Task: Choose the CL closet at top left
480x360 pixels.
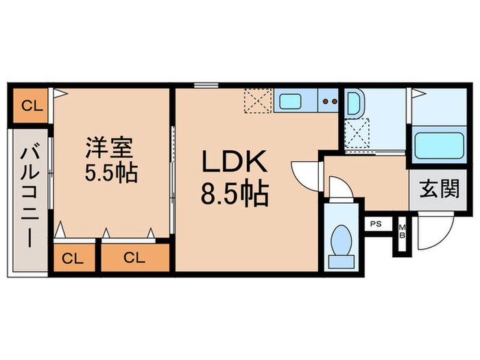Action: click(29, 106)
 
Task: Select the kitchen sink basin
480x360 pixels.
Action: click(289, 103)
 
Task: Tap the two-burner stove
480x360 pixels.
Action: click(329, 103)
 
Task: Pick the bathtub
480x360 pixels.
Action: click(439, 145)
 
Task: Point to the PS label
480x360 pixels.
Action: click(376, 224)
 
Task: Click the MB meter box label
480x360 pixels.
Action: click(403, 230)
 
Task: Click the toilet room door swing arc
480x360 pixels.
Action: click(339, 189)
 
